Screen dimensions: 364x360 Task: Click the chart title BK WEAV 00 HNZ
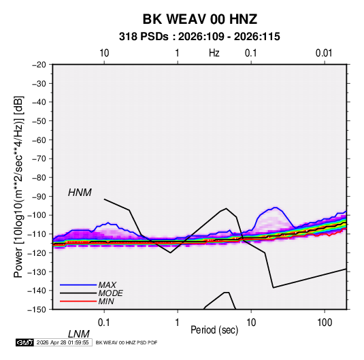tap(200, 19)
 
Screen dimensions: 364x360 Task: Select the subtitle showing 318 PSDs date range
tap(199, 37)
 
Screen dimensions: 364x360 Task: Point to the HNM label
tap(80, 193)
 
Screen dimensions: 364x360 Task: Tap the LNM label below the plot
tap(79, 334)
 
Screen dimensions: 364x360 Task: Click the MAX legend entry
tap(107, 284)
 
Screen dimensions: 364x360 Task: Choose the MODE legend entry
tap(110, 293)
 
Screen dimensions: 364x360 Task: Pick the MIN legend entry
tap(106, 301)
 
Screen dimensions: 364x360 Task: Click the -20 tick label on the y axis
tap(39, 65)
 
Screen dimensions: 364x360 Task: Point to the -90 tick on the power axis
tap(39, 197)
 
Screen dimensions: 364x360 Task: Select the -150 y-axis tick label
tap(37, 310)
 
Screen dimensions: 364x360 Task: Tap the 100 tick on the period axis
tap(325, 323)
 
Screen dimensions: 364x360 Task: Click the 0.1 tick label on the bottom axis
tap(104, 323)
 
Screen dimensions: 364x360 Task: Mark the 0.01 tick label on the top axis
tap(324, 53)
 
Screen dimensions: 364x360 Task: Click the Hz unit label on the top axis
tap(214, 53)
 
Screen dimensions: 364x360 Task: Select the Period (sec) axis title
tap(214, 330)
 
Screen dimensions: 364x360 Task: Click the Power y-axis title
tap(18, 187)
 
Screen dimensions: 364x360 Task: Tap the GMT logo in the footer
tap(25, 342)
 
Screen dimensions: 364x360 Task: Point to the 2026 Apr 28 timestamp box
tap(63, 342)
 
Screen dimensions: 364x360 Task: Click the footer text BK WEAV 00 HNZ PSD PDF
tap(127, 342)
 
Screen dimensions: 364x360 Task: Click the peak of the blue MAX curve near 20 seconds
tap(276, 207)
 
